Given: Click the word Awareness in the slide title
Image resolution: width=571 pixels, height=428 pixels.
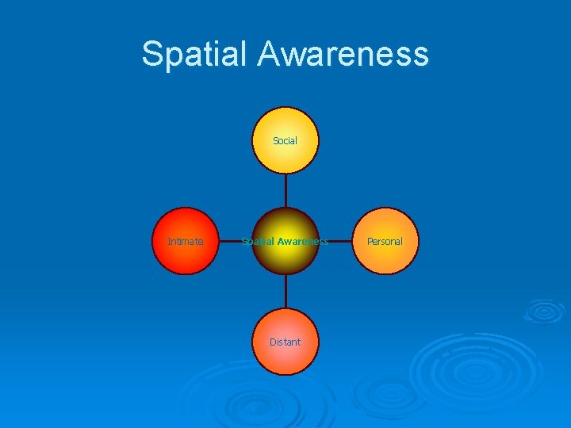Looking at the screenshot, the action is coord(343,55).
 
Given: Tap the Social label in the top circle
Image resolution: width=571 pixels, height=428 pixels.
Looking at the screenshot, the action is coord(285,141).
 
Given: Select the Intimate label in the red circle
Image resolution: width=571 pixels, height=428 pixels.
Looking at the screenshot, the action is coord(185,241).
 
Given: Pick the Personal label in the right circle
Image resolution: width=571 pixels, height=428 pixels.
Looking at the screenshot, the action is coord(385,241).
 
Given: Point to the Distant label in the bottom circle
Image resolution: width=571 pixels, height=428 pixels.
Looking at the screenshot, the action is coord(285,342).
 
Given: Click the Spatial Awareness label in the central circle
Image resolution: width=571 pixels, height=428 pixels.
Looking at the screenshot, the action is coord(285,241).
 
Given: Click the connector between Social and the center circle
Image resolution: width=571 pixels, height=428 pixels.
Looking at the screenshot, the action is coord(285,190).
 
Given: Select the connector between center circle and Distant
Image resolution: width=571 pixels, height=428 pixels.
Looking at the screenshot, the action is coord(285,291).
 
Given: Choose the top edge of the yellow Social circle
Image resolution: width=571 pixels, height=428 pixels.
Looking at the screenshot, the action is coord(285,108).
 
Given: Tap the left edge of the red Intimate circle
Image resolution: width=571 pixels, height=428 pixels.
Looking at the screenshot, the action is coord(152,241).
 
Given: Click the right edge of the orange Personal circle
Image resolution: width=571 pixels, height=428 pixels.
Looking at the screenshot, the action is coord(418,241).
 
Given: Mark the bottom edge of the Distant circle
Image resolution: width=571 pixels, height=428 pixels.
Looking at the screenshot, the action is coord(285,374).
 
